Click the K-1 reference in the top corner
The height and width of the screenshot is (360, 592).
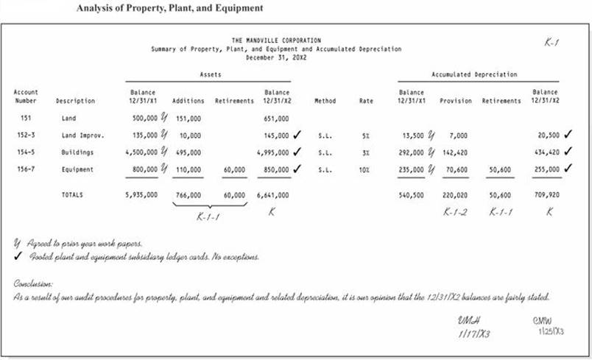[x=552, y=43]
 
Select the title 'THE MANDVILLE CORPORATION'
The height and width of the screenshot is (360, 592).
[x=276, y=40]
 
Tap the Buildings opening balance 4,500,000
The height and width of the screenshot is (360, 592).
[x=139, y=152]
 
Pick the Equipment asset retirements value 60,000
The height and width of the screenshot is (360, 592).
[x=234, y=169]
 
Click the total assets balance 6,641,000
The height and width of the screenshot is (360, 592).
[x=272, y=195]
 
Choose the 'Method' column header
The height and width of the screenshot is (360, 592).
[x=325, y=101]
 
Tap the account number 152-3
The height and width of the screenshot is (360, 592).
[x=26, y=135]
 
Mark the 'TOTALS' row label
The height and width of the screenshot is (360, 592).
[x=73, y=195]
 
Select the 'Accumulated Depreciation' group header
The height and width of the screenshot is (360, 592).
[x=474, y=74]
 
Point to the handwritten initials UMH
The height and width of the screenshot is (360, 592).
[x=469, y=321]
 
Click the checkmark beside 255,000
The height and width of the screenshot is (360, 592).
[x=568, y=168]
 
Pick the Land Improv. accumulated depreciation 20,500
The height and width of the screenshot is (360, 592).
[x=548, y=135]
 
